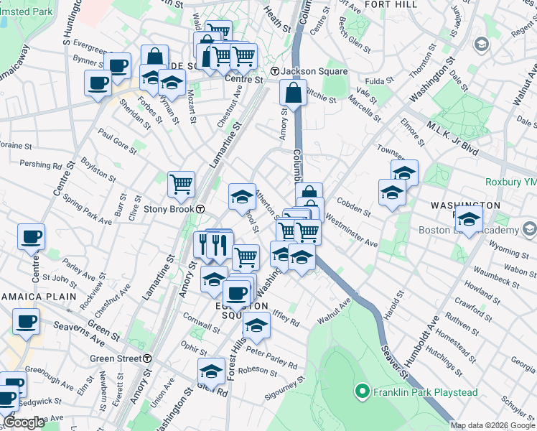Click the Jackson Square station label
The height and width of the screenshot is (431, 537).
(x=304, y=71)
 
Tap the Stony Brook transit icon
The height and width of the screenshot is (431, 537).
(x=201, y=209)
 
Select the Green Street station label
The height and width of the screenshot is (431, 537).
(x=115, y=358)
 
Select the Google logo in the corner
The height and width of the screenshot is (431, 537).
(x=24, y=423)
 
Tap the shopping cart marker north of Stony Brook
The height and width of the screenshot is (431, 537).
(x=182, y=184)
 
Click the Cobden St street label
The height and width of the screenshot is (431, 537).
(x=353, y=208)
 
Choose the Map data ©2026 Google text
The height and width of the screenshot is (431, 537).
(x=492, y=425)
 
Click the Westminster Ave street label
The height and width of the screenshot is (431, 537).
(x=351, y=229)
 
